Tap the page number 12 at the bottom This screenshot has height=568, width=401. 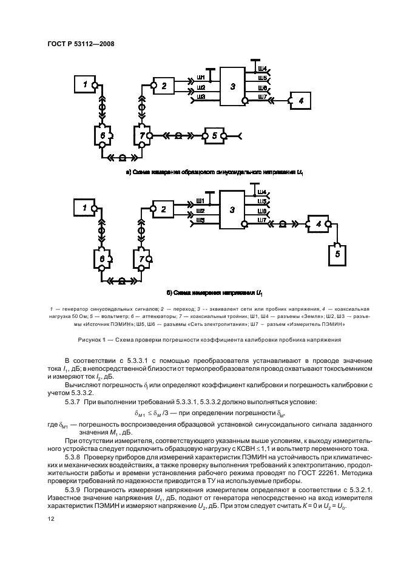[x=51, y=519]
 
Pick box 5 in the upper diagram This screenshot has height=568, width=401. [x=214, y=135]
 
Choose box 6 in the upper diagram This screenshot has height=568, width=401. [x=103, y=136]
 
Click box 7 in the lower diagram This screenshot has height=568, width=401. [x=142, y=259]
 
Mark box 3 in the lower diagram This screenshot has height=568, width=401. [x=232, y=209]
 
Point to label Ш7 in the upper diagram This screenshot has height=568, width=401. [x=262, y=96]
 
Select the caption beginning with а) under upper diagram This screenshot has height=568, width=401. [x=214, y=173]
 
